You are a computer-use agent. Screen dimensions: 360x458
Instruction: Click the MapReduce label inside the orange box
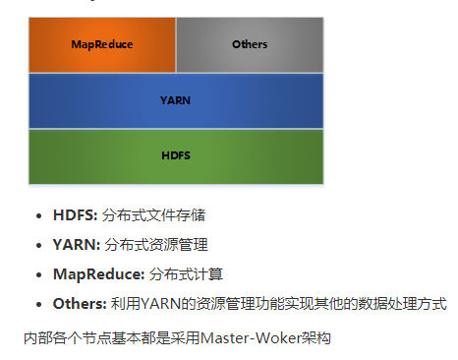pyautogui.click(x=102, y=44)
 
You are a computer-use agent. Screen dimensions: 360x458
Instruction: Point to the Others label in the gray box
pyautogui.click(x=250, y=44)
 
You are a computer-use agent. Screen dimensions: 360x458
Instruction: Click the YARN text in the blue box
pyautogui.click(x=176, y=100)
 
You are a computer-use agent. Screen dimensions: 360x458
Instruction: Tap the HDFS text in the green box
pyautogui.click(x=176, y=155)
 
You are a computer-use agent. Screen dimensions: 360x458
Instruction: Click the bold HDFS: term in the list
pyautogui.click(x=75, y=214)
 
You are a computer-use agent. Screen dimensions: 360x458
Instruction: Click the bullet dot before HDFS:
pyautogui.click(x=38, y=215)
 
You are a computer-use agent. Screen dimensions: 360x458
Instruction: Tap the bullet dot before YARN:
pyautogui.click(x=38, y=245)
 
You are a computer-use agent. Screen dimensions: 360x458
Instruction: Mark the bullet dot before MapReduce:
pyautogui.click(x=38, y=274)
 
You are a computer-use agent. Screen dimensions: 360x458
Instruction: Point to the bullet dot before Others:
pyautogui.click(x=38, y=304)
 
